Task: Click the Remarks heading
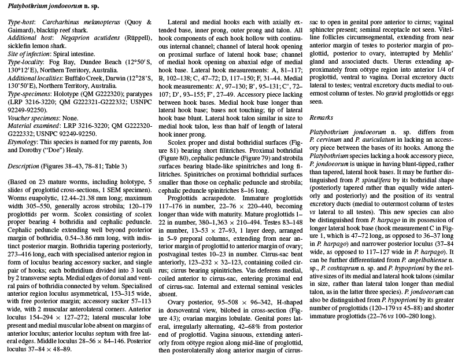[321, 117]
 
